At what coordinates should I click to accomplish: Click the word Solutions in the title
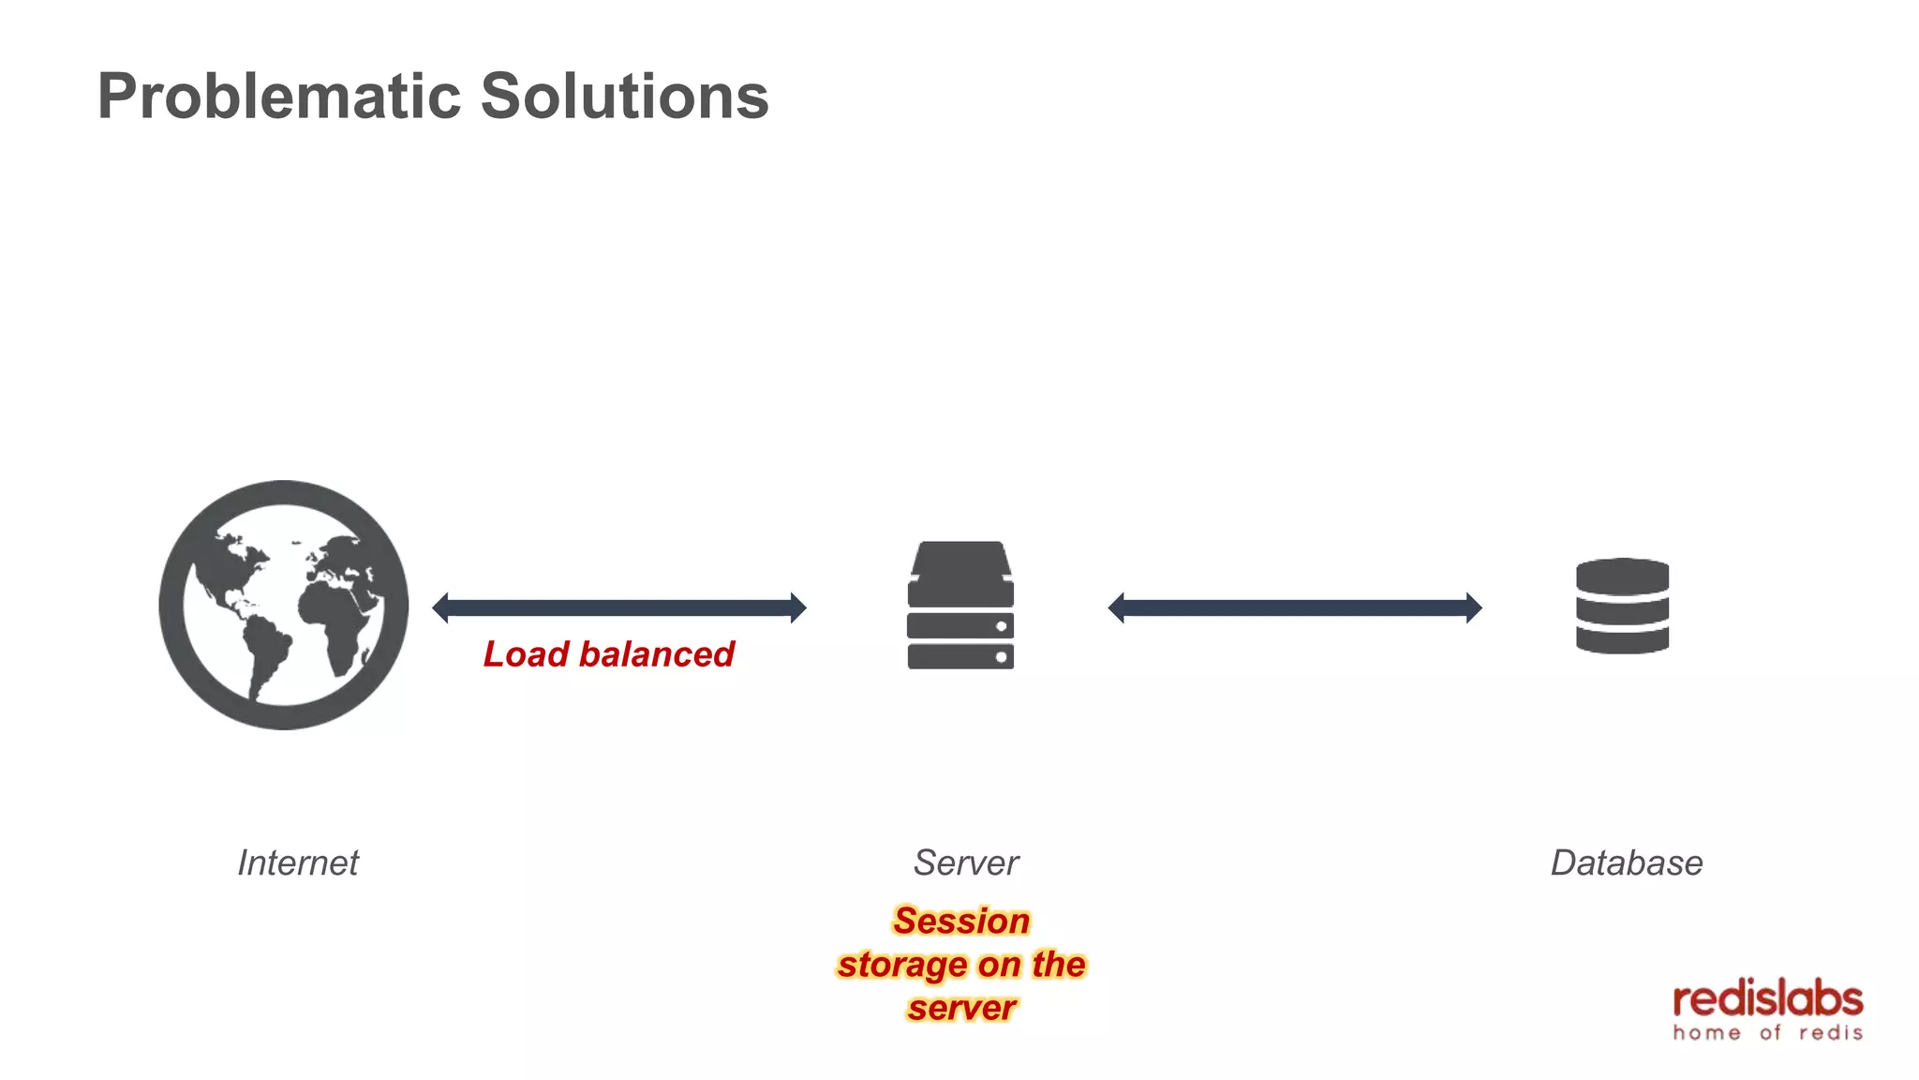click(x=624, y=97)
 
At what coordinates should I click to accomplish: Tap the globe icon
click(x=284, y=605)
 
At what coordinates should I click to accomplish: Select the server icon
click(x=960, y=605)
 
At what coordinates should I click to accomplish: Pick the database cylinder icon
click(x=1622, y=606)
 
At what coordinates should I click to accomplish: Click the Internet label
click(x=298, y=862)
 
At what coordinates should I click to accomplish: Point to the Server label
click(x=965, y=862)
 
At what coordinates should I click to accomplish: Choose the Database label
click(x=1626, y=862)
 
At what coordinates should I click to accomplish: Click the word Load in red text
click(x=526, y=654)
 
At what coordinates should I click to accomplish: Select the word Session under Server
click(x=961, y=921)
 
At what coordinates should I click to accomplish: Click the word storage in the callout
click(x=902, y=965)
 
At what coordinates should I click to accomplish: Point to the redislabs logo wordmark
click(x=1767, y=999)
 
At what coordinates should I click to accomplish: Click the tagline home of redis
click(x=1767, y=1033)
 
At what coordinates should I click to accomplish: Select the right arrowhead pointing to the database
click(x=1474, y=607)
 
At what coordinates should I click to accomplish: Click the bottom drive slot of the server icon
click(x=960, y=656)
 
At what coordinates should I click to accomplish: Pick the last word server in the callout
click(x=961, y=1008)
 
